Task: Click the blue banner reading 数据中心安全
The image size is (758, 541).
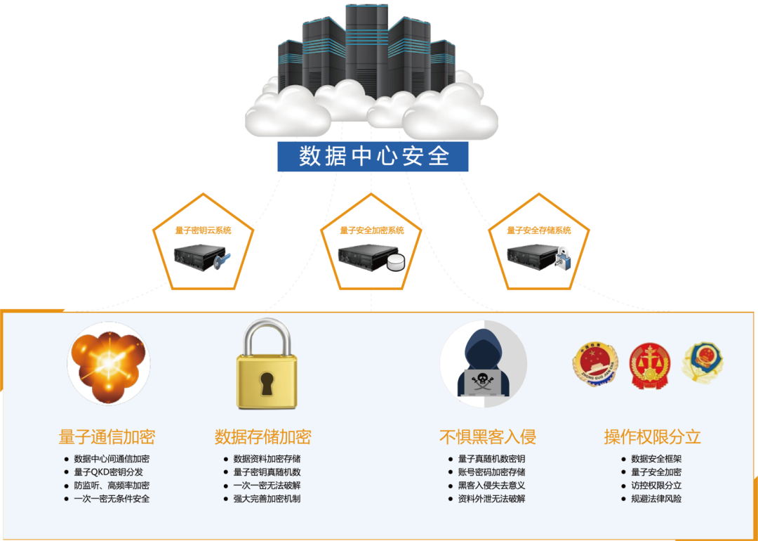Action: pos(373,155)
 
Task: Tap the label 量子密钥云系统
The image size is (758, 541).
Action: pos(204,230)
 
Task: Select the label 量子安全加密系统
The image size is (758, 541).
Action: pos(372,230)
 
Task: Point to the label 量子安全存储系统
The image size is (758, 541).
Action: pos(539,230)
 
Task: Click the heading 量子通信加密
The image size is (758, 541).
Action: pos(107,436)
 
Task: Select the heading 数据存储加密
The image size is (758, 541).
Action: pos(262,436)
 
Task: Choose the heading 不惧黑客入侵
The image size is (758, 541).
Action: pos(488,436)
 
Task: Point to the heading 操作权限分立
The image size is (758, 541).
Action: pos(653,436)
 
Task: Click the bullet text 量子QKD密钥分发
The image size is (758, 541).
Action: pos(108,472)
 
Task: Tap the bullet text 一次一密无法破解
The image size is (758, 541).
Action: pos(267,485)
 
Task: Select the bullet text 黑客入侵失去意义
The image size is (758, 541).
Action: pos(491,485)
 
